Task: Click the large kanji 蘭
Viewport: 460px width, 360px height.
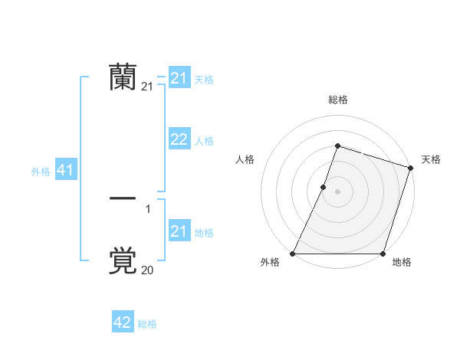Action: click(x=123, y=77)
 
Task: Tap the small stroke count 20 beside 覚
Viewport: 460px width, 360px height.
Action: click(x=148, y=270)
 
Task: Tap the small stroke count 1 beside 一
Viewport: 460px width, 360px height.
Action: click(x=148, y=208)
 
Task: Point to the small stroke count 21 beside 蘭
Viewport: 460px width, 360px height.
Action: click(x=148, y=87)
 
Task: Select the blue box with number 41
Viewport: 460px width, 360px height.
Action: click(x=65, y=171)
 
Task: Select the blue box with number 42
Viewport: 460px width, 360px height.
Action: click(x=123, y=322)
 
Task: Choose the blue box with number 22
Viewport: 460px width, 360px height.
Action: click(x=179, y=139)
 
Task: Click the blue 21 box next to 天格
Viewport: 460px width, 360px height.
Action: click(x=179, y=78)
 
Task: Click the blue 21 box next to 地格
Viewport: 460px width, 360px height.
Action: click(x=179, y=231)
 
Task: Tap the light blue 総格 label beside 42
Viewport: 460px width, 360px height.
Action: click(x=147, y=324)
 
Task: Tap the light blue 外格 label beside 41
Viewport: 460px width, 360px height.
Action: click(x=41, y=172)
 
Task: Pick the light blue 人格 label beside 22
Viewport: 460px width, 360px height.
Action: click(x=204, y=141)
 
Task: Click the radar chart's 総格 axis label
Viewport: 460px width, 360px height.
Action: click(x=337, y=100)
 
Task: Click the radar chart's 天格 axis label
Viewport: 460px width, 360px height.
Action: click(x=431, y=159)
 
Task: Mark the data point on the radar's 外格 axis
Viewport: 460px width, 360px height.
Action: click(x=293, y=254)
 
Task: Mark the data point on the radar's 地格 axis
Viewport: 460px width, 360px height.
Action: click(x=383, y=254)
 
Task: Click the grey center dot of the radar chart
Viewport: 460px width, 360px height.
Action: click(x=337, y=191)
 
